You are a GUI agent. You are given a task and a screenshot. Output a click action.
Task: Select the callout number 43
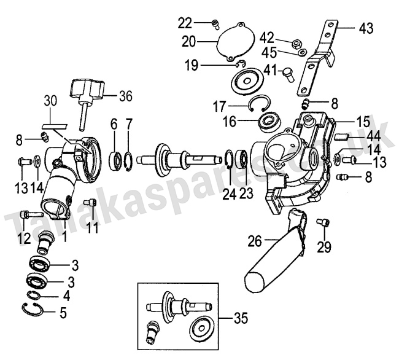[366, 29]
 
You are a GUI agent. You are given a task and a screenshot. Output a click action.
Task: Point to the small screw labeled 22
[215, 24]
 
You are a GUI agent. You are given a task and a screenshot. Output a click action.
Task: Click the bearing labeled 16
[268, 122]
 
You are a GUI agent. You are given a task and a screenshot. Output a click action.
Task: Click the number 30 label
[50, 101]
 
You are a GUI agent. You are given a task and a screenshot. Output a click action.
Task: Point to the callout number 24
[229, 194]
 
